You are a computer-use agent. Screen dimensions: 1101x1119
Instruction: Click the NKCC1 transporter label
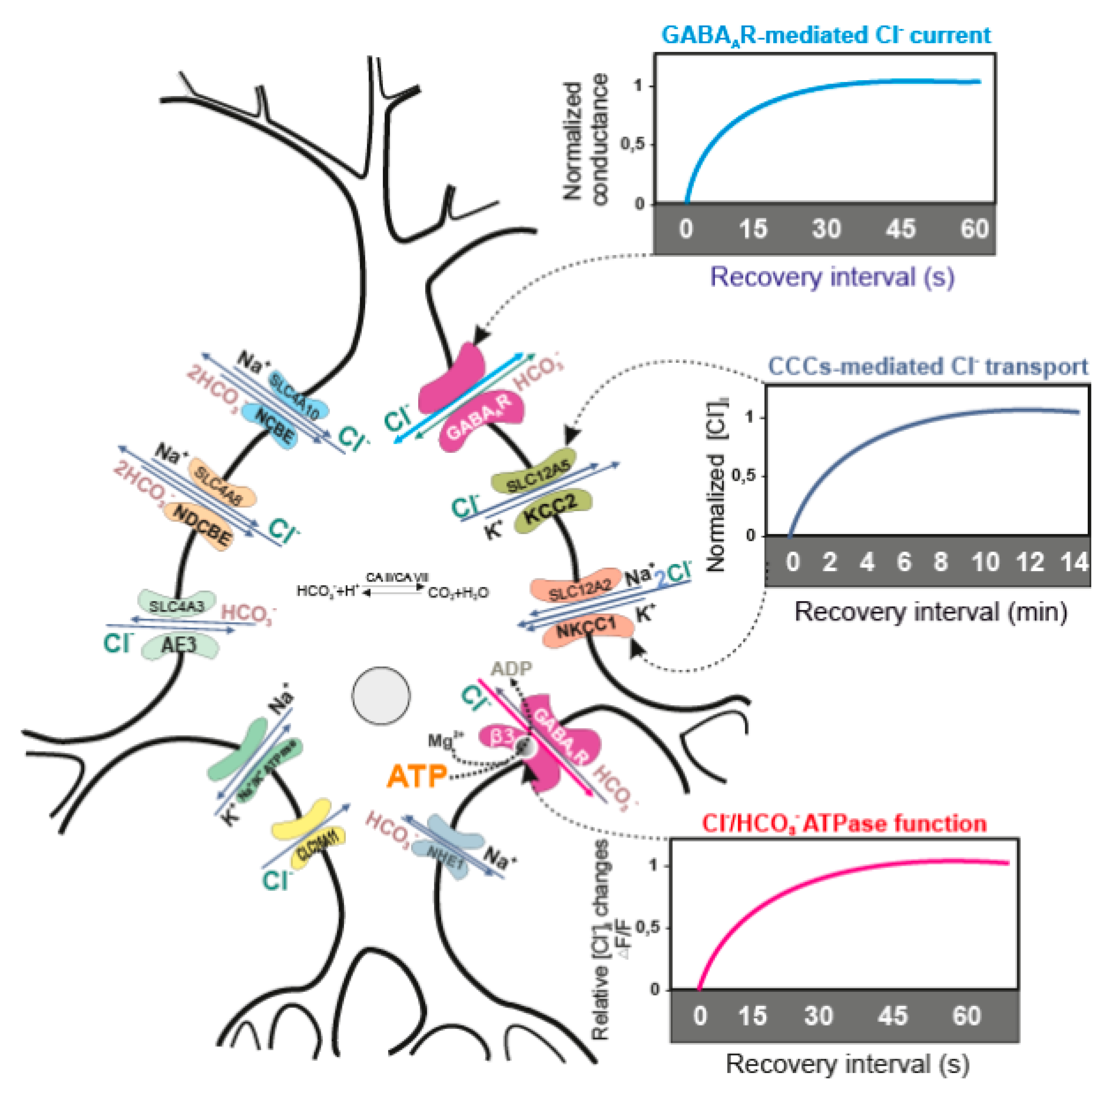click(585, 627)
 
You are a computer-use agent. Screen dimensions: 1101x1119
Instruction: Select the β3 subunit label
click(502, 736)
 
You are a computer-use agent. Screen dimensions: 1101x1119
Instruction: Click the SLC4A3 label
click(176, 606)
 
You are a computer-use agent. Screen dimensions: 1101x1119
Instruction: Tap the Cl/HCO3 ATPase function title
click(844, 823)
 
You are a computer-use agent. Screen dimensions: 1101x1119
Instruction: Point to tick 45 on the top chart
click(900, 229)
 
